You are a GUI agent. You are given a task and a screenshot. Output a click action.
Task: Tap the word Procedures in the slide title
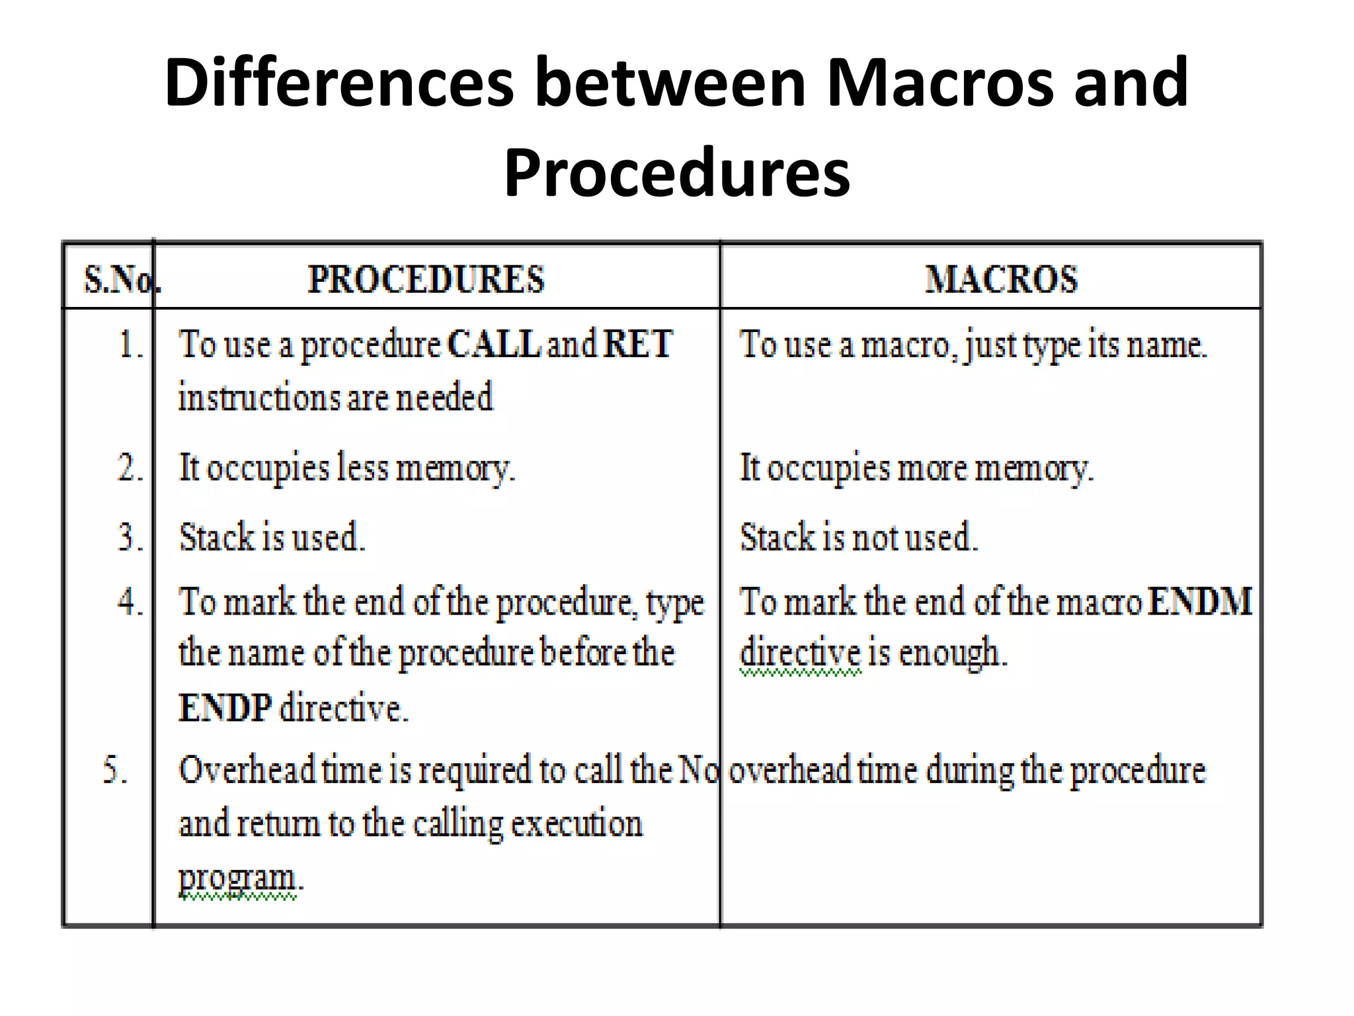click(677, 173)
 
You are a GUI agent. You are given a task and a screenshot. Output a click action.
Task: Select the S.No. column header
click(122, 280)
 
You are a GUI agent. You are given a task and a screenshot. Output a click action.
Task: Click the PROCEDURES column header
click(426, 279)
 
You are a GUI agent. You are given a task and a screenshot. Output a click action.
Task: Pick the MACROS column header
click(1001, 279)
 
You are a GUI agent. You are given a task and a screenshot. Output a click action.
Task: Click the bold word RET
click(637, 344)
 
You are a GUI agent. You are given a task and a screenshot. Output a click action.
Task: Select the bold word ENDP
click(225, 708)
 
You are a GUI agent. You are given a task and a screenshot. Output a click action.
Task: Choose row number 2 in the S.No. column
click(130, 468)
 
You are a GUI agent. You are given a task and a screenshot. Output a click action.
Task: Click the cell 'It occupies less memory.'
click(346, 468)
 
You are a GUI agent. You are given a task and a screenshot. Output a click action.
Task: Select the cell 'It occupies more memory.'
click(916, 468)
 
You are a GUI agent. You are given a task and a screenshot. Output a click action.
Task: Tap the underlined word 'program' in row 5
click(237, 878)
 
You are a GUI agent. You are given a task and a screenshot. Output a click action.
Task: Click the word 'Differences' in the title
click(339, 83)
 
